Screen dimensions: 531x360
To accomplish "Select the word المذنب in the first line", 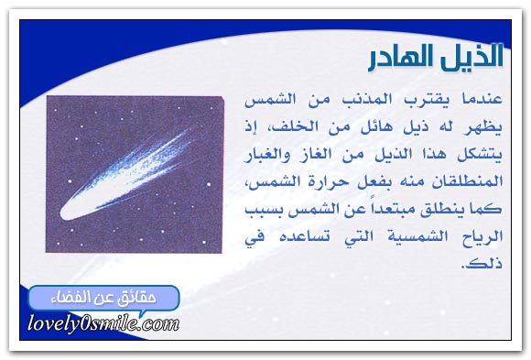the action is (367, 100).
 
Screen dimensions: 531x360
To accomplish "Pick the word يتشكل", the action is (480, 155).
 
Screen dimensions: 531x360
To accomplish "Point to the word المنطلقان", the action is (467, 181).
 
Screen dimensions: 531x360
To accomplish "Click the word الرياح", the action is (482, 236).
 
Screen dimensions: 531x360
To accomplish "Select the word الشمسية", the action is (417, 236).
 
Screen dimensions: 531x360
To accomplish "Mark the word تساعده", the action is (305, 236).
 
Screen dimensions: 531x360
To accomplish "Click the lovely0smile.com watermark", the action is (103, 322).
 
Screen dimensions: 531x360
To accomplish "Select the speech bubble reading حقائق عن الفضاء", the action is (103, 299).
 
